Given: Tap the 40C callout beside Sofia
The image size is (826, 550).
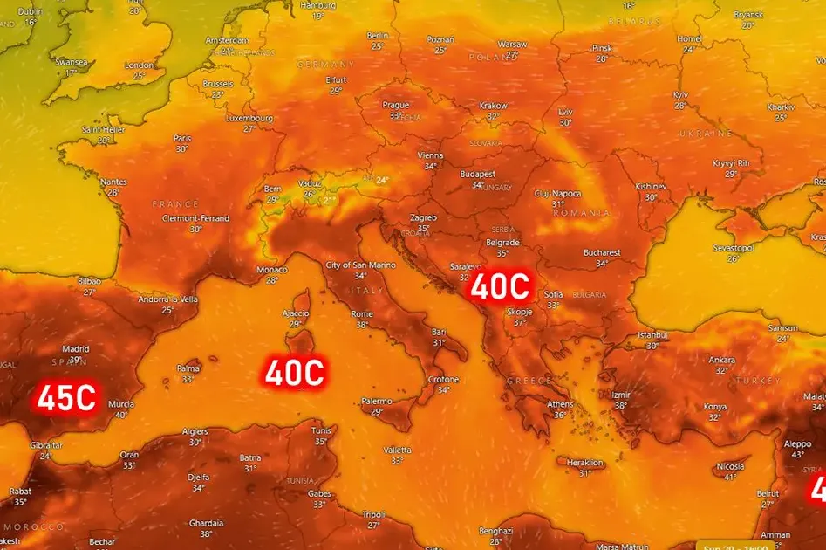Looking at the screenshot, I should tap(501, 285).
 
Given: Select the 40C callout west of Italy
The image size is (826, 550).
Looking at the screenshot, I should tap(295, 373).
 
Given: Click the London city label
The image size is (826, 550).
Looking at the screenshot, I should tap(139, 65).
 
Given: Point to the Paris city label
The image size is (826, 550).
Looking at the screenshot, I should tap(181, 138).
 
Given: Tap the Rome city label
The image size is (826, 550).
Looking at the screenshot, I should tap(361, 313).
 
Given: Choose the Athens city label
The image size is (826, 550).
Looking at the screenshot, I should tap(559, 403).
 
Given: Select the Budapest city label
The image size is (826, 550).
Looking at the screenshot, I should tap(477, 174).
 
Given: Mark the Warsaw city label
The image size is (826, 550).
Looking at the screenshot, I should tap(512, 44).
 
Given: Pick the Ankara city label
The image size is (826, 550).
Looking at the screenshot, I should tap(721, 360).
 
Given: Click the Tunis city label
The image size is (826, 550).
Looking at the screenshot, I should tap(321, 430).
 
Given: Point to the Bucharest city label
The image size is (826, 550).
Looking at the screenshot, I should tap(602, 253).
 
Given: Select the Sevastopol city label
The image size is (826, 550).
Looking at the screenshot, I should tap(732, 248).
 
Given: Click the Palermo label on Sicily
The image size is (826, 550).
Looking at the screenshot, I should tap(377, 401).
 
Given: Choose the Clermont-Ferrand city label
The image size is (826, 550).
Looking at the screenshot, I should tap(195, 218).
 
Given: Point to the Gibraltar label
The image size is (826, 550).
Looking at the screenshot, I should tap(46, 444).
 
